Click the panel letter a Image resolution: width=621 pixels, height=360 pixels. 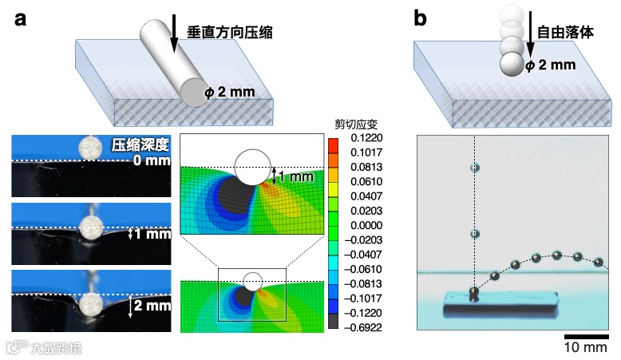[x=23, y=18]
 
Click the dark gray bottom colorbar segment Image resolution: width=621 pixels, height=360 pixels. [x=332, y=323]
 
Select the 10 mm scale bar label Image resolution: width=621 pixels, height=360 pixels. [x=585, y=349]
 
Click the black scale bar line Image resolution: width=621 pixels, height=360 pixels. [x=585, y=335]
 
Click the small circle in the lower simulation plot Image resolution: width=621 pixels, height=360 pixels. [x=253, y=281]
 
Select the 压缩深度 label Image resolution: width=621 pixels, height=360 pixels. [x=140, y=145]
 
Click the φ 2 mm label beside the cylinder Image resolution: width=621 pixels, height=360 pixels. [x=231, y=92]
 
